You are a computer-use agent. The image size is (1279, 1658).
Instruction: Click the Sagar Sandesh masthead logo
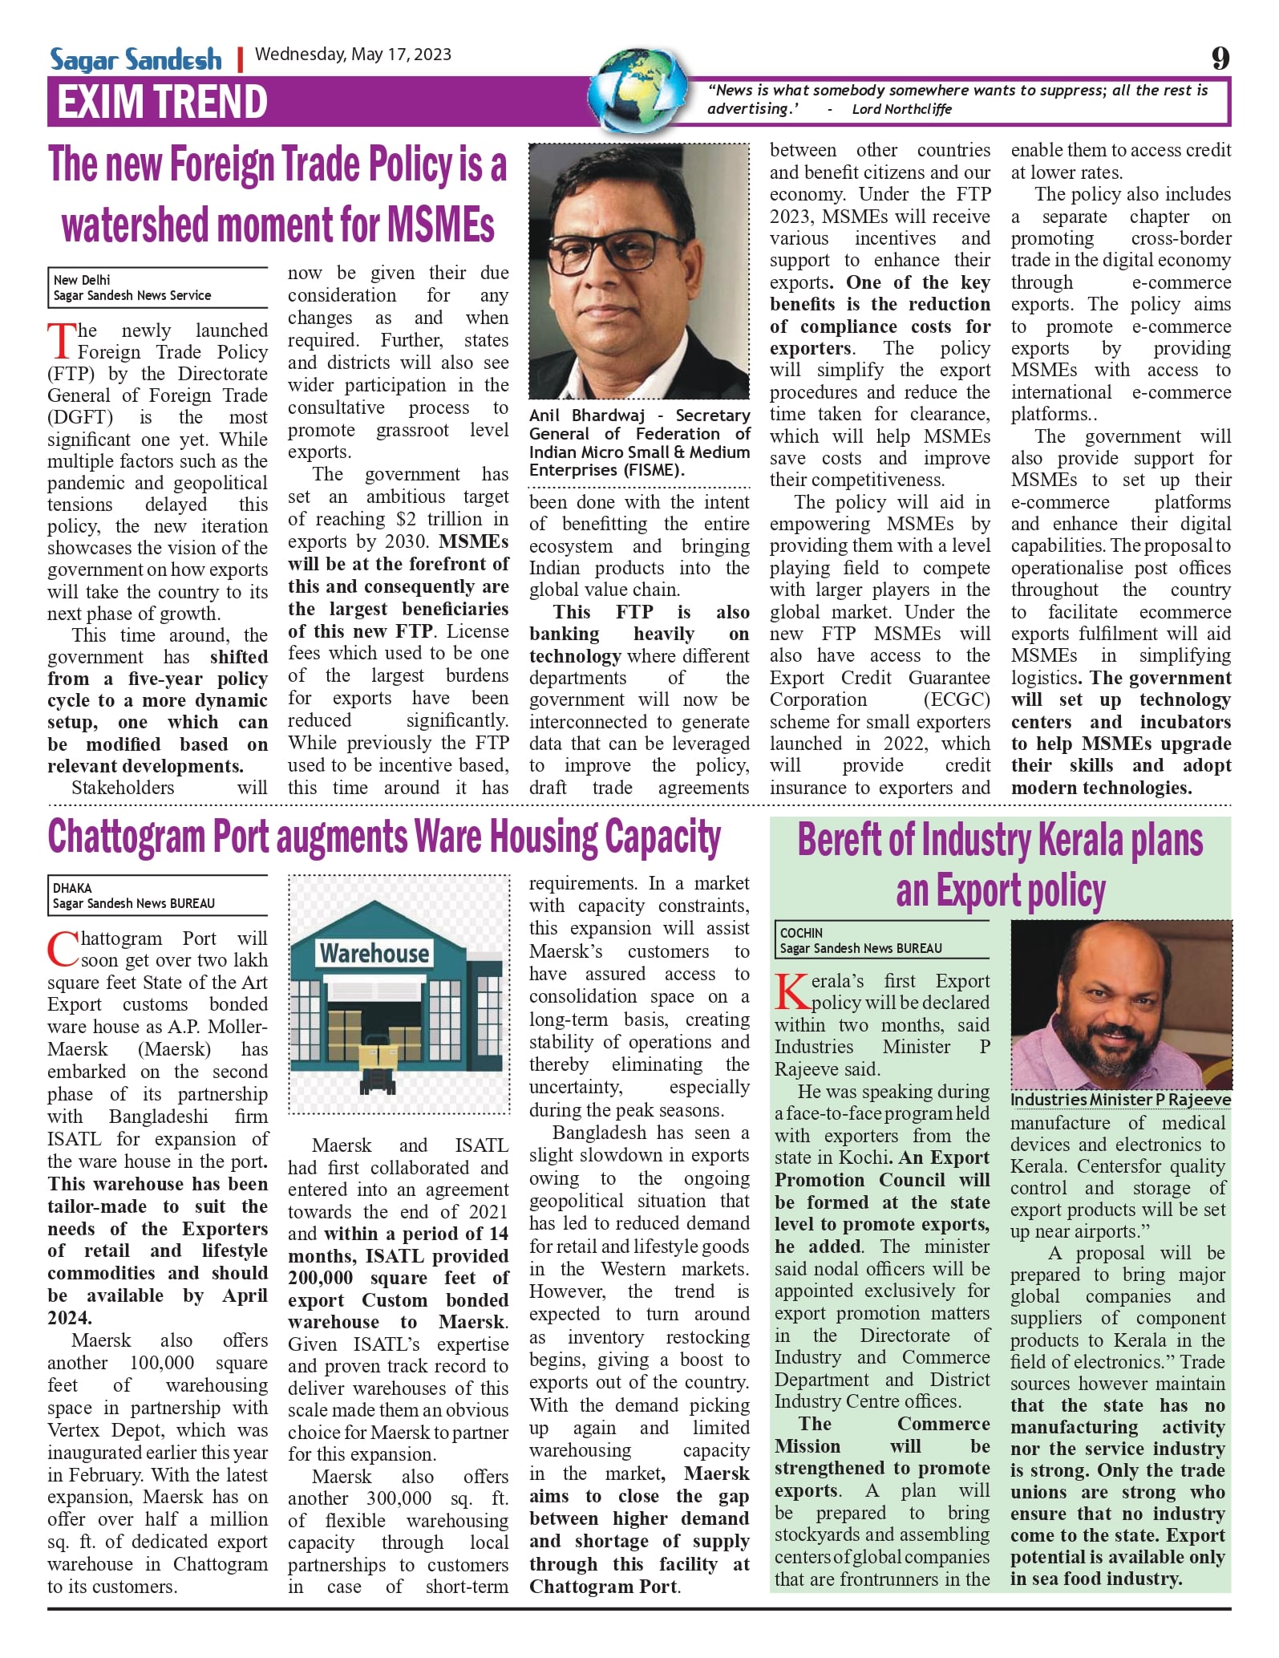[x=136, y=59]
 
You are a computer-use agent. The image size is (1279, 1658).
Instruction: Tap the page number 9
[x=1220, y=58]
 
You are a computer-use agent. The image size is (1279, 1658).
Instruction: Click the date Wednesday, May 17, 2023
[x=353, y=55]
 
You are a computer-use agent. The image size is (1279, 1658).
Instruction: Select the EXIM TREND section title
[x=162, y=102]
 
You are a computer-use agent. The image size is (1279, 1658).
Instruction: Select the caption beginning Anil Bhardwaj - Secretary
[x=639, y=443]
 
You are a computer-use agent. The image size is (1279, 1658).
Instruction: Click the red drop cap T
[x=61, y=341]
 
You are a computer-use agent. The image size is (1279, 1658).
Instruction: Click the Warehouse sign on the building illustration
[x=374, y=953]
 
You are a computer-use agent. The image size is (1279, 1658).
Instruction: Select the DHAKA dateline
[x=72, y=888]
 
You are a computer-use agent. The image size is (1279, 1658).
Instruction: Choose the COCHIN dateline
[x=801, y=933]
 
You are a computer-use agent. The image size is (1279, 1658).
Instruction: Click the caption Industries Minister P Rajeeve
[x=1120, y=1100]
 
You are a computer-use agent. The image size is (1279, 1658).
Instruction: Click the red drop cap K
[x=792, y=992]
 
